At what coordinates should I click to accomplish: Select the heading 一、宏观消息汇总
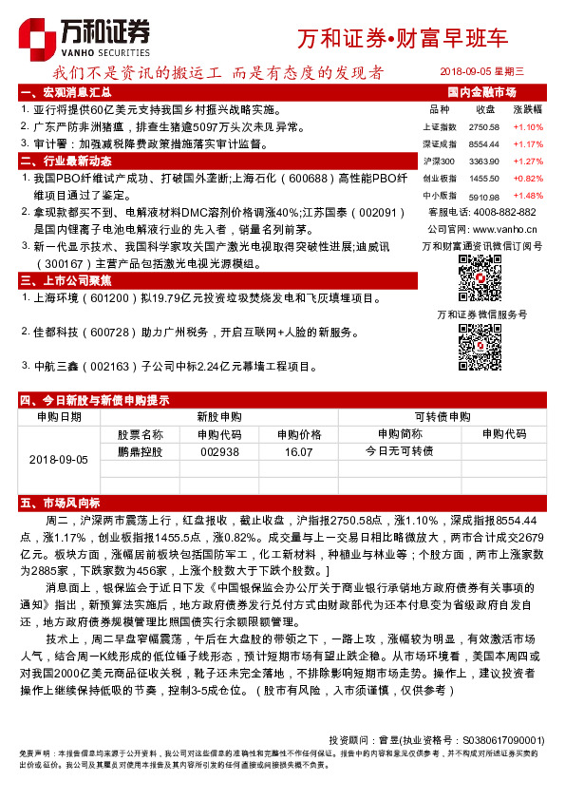pos(66,92)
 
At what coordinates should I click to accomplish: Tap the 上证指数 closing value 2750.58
pos(484,126)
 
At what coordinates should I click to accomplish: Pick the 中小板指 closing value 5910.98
pos(484,195)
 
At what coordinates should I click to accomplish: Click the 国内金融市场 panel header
pos(480,92)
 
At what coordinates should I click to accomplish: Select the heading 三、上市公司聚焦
pos(66,280)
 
